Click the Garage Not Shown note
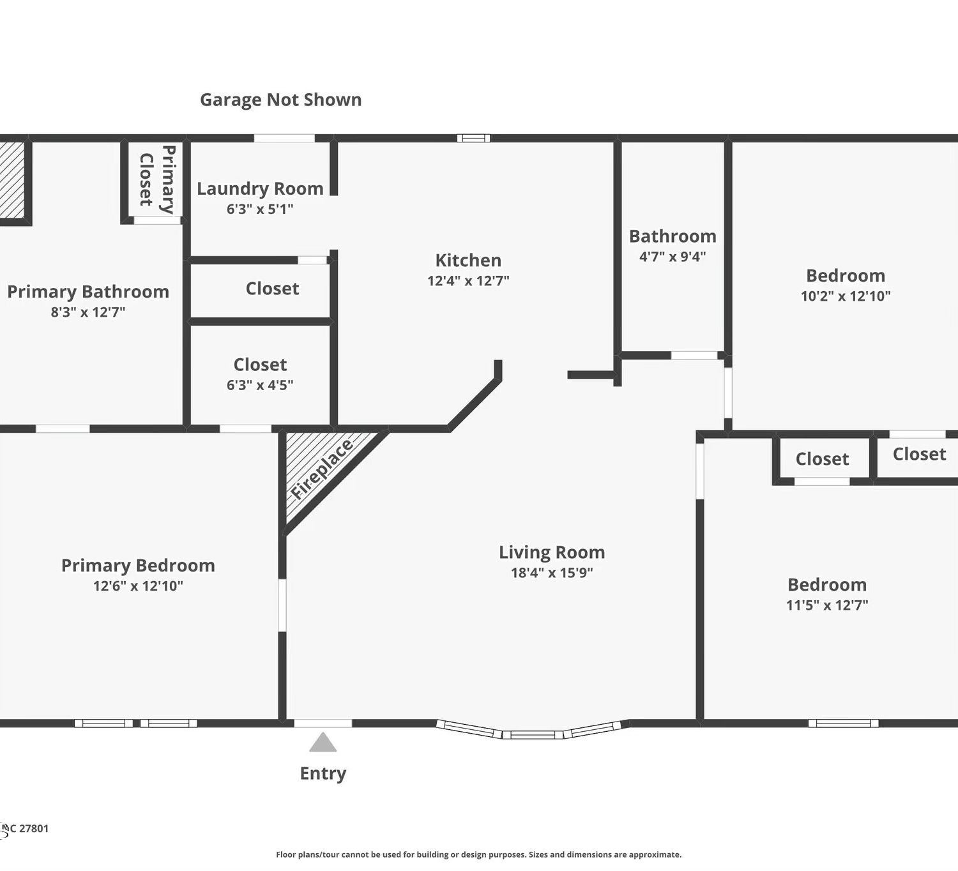tap(280, 100)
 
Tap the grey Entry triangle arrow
tap(323, 742)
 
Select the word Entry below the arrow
tap(323, 773)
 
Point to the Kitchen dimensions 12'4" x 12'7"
tap(468, 281)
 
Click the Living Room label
tap(552, 552)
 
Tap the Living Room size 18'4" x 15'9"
tap(552, 573)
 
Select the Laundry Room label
tap(260, 188)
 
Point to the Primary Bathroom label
tap(88, 292)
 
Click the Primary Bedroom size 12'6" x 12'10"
tap(138, 586)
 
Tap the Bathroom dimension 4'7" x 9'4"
tap(673, 257)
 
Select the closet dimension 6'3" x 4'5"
tap(260, 385)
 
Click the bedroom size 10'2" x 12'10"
tap(846, 296)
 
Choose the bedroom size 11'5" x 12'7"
tap(827, 605)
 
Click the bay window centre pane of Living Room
tap(533, 735)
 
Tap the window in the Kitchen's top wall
tap(473, 138)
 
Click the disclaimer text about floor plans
tap(478, 855)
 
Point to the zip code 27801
tap(33, 828)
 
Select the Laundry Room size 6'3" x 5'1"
tap(260, 209)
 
